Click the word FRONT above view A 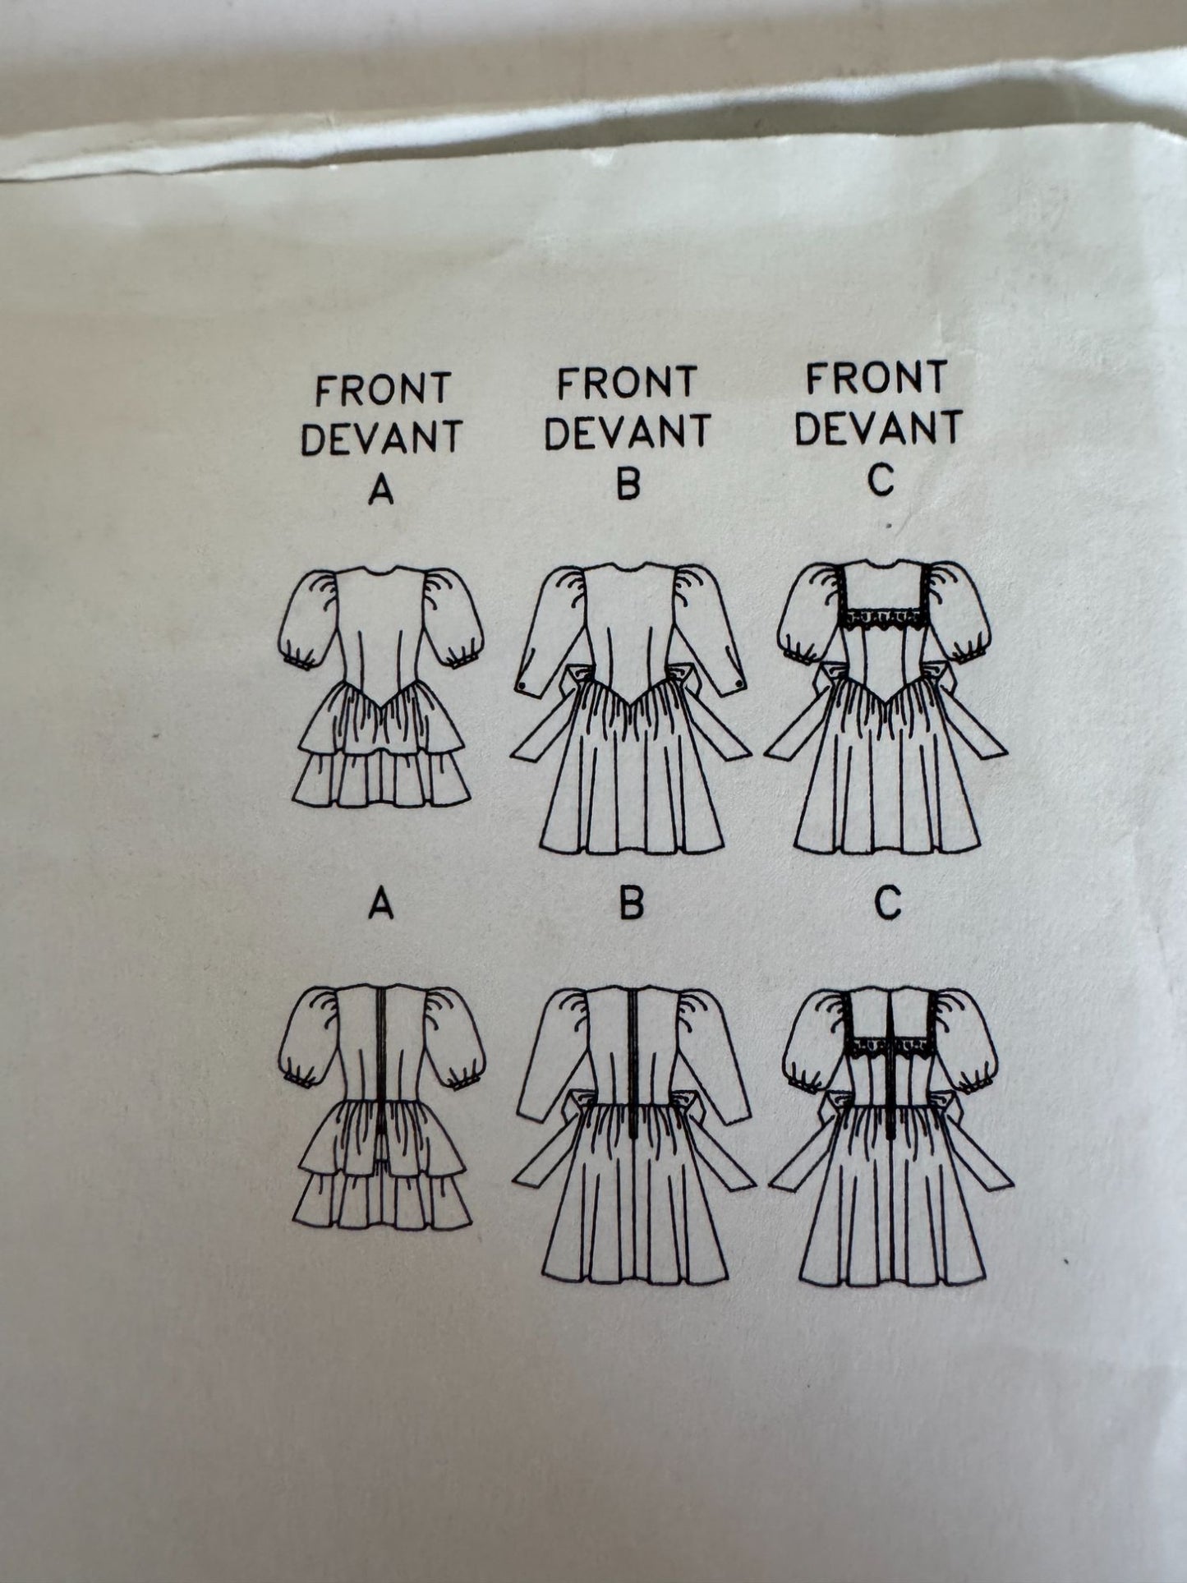tap(383, 389)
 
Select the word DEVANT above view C tap(878, 428)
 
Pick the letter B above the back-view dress tap(630, 904)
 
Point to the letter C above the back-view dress tap(887, 904)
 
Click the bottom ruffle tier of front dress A tap(381, 780)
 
